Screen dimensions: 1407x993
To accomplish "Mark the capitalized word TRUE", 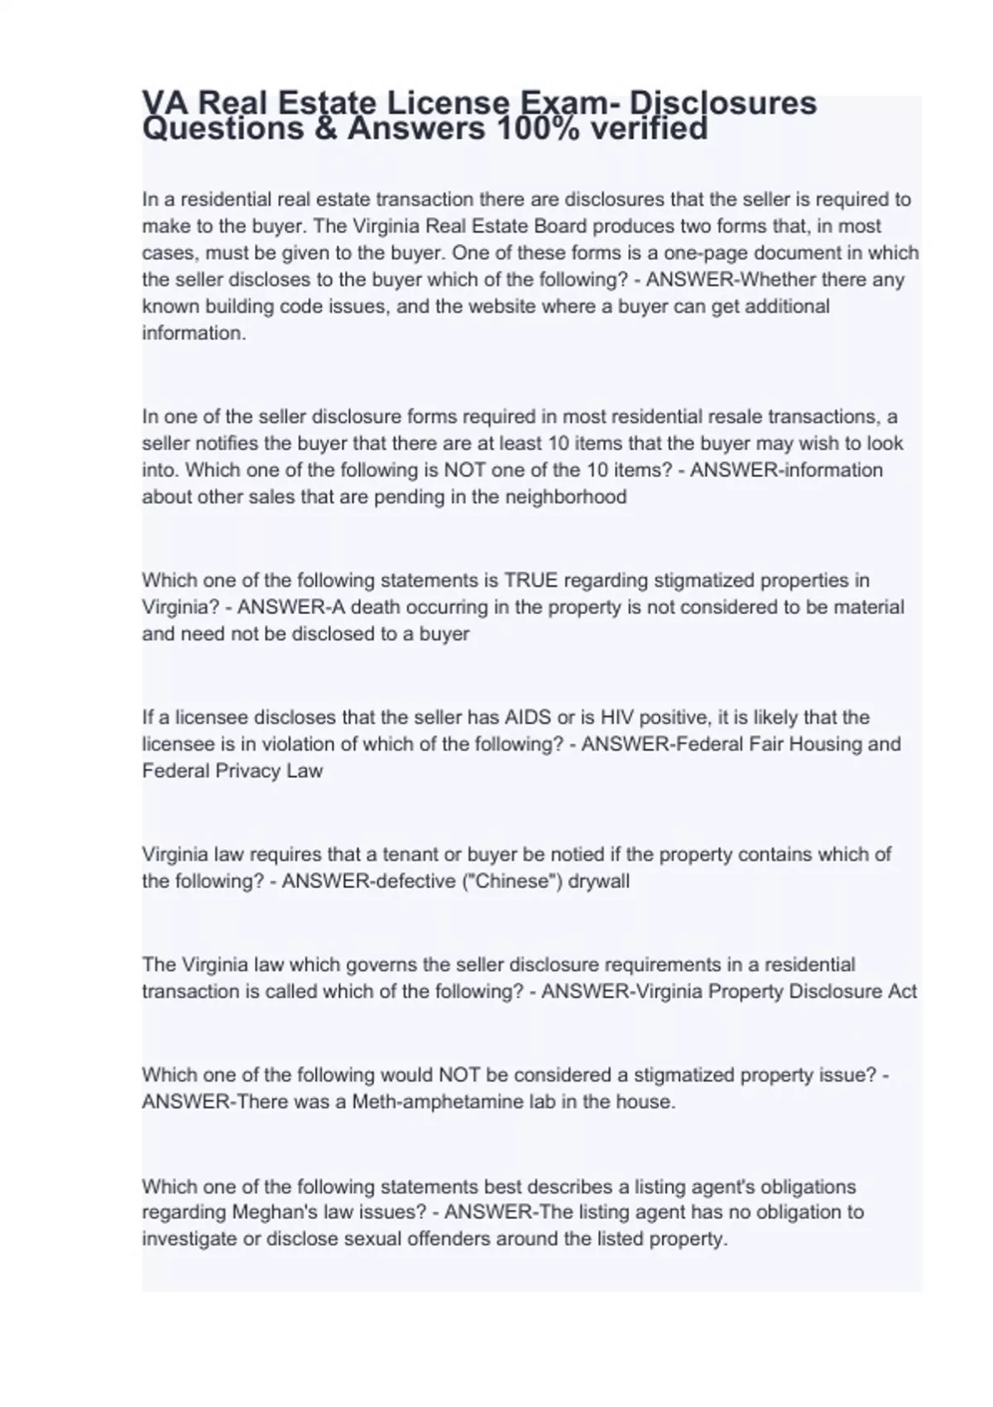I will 534,580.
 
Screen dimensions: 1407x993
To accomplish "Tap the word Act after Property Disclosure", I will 902,992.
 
